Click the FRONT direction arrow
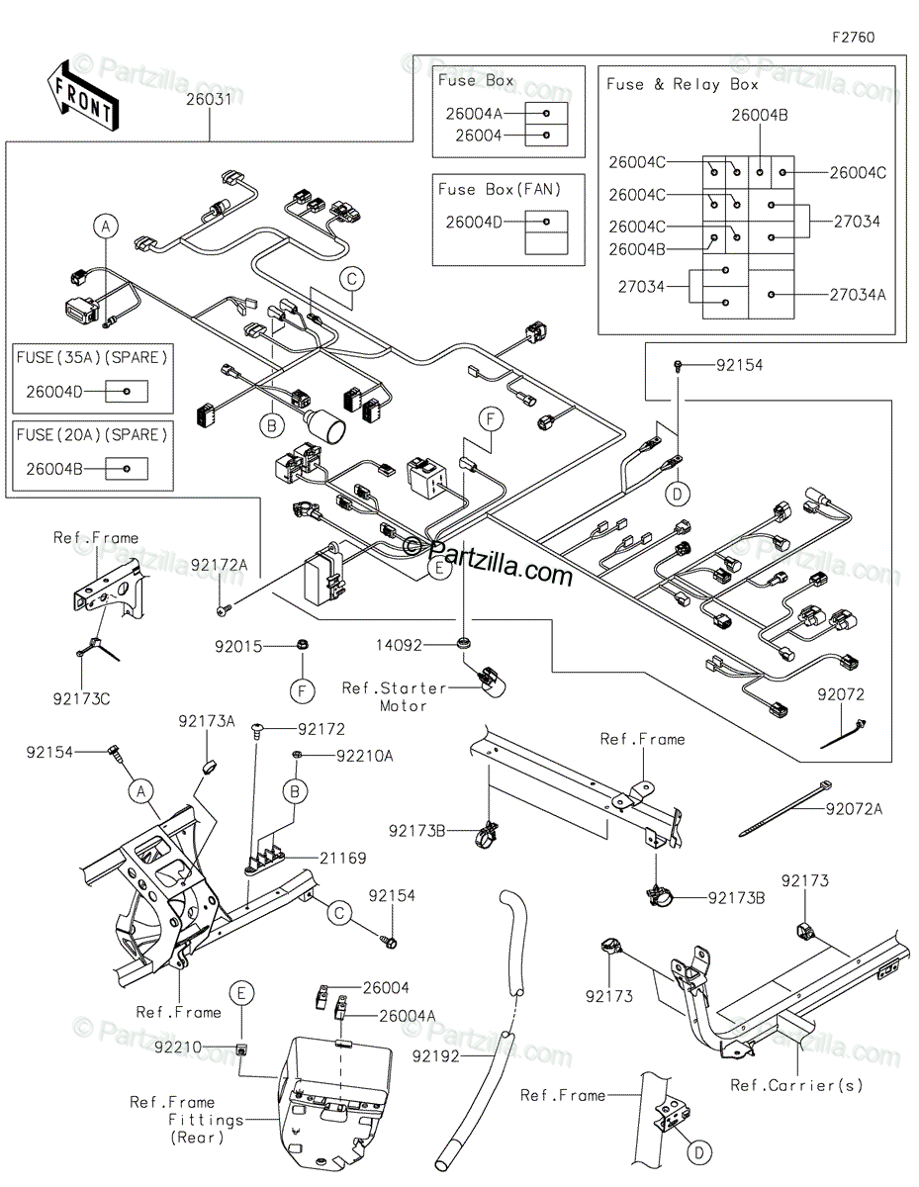[80, 97]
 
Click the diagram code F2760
[853, 38]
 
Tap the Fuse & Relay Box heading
[682, 85]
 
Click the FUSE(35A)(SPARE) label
[92, 356]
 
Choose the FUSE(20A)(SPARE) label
[92, 433]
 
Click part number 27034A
[858, 294]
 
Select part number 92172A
[219, 564]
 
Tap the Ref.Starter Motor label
[394, 696]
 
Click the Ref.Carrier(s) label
[796, 1085]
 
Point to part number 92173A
[206, 723]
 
